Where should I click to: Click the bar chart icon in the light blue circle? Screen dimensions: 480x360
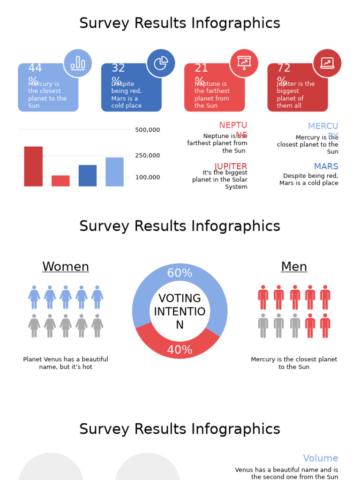point(78,63)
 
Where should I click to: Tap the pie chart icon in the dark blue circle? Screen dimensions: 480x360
point(161,63)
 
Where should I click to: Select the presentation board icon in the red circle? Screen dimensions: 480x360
point(244,63)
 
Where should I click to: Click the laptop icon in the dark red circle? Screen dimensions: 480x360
point(327,63)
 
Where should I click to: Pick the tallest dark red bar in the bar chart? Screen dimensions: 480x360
point(33,166)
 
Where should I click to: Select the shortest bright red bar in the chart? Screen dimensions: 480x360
point(60,181)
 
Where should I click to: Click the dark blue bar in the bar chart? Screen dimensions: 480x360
point(88,176)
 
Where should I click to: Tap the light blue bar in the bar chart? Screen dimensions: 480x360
point(115,172)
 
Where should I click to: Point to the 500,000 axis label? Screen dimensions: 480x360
point(147,130)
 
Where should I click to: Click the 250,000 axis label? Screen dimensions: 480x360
point(147,156)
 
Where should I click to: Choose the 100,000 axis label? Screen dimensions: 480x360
point(147,177)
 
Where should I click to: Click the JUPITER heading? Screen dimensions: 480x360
point(231,166)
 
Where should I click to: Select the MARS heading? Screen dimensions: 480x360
point(326,166)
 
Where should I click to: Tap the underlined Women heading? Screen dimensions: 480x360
point(66,267)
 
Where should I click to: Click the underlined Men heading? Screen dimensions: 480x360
point(294,267)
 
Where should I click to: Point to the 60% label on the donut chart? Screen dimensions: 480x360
point(180,273)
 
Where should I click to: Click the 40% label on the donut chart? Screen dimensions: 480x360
point(180,350)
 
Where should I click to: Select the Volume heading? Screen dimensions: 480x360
point(320,458)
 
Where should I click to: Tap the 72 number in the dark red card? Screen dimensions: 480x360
point(284,68)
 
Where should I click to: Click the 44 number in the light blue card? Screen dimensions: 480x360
point(35,68)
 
